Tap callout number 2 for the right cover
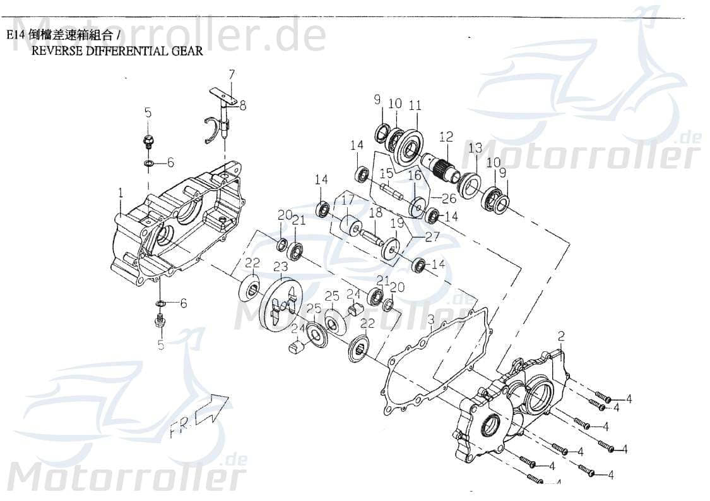click(561, 336)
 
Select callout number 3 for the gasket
click(430, 320)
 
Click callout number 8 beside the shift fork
click(243, 106)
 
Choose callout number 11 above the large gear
click(415, 106)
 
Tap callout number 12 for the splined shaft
click(446, 136)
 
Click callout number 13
click(475, 148)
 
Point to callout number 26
click(448, 198)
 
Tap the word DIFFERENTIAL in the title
click(127, 51)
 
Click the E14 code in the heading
click(15, 35)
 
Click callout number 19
click(397, 223)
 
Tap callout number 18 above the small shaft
click(376, 213)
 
